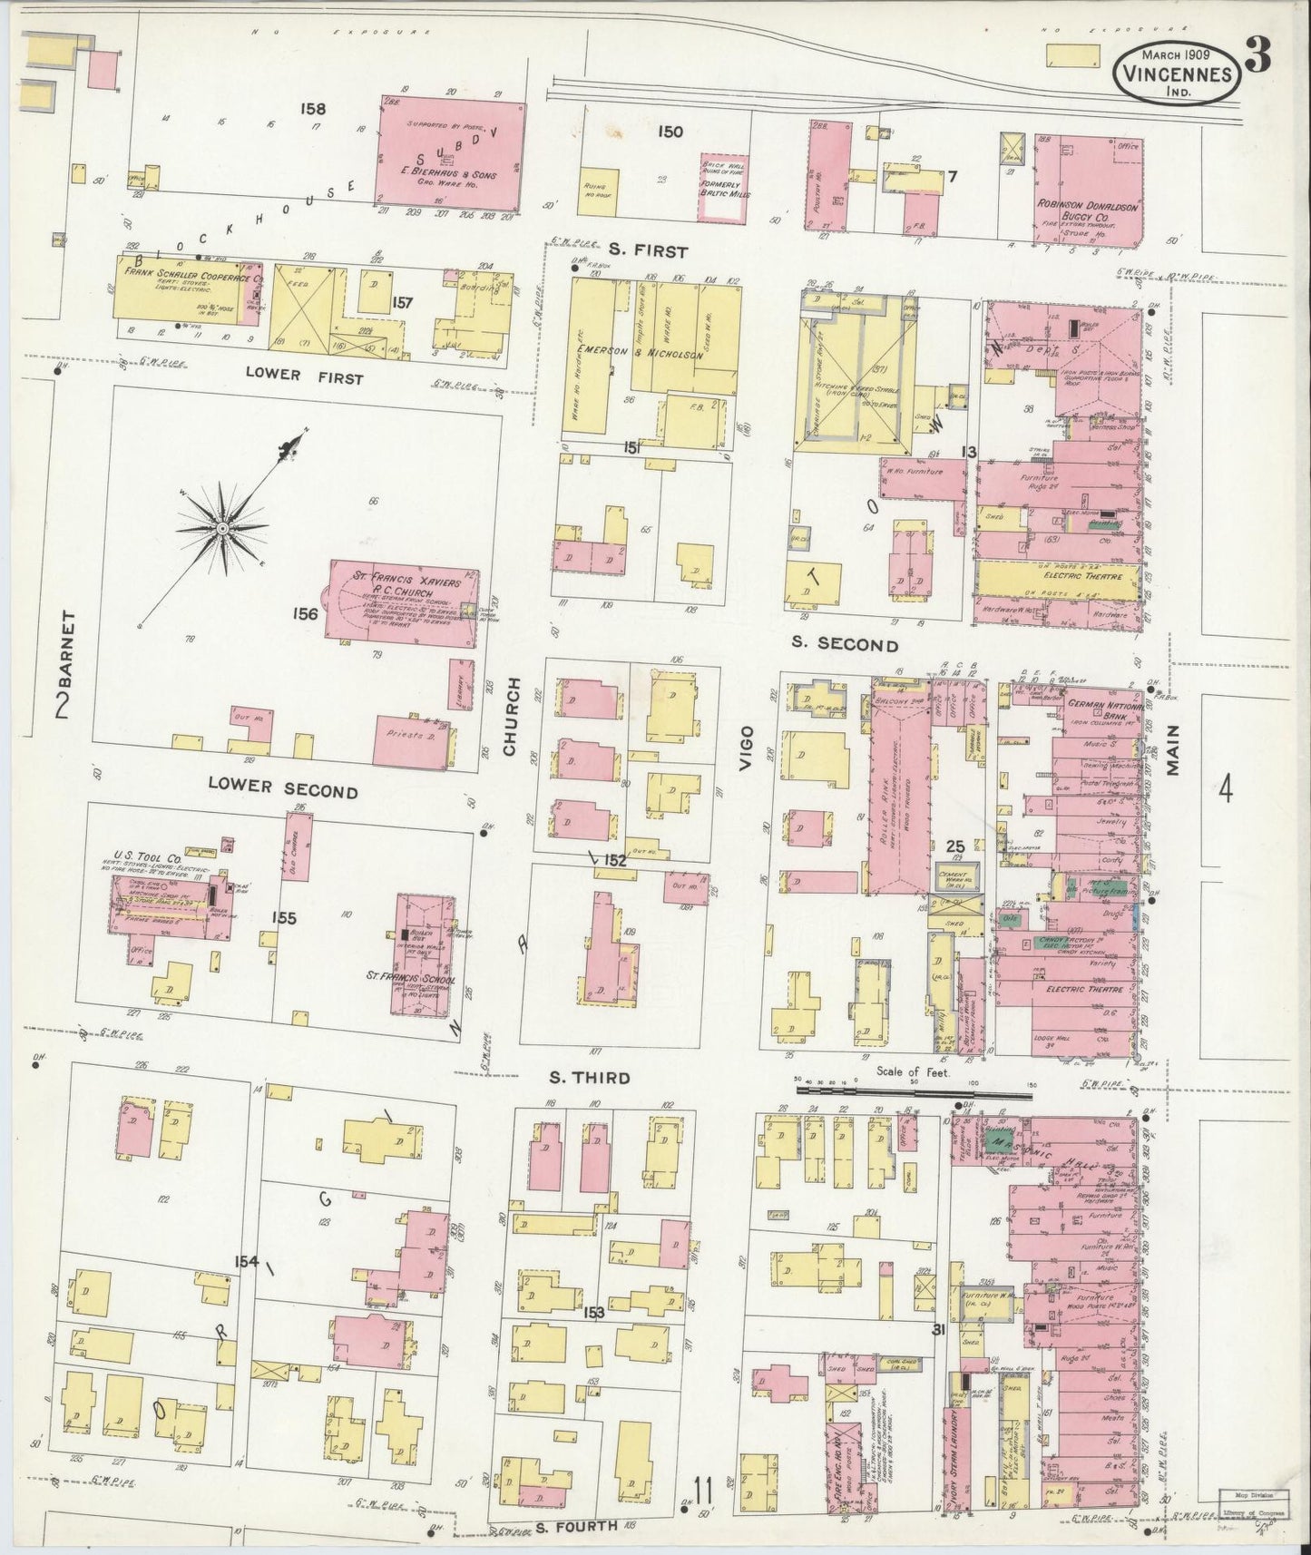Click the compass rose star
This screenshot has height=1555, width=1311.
point(221,528)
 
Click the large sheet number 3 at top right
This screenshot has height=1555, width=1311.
point(1257,56)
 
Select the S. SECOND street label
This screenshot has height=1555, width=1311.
point(844,644)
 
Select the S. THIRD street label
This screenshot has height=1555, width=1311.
point(589,1078)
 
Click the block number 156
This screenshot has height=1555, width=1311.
point(305,614)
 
